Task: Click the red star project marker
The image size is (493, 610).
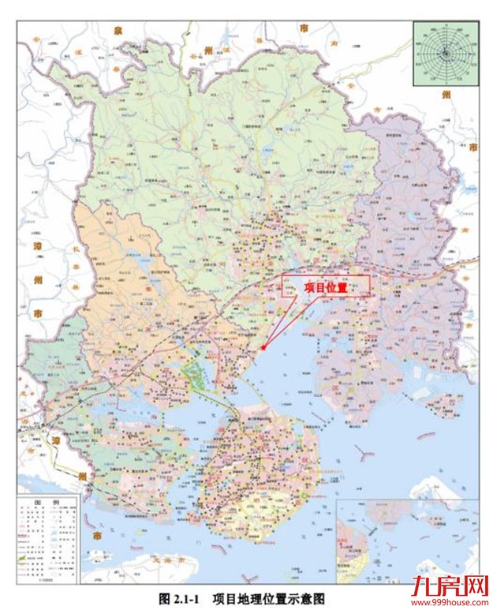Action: click(263, 346)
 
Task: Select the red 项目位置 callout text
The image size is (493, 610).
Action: click(325, 288)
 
